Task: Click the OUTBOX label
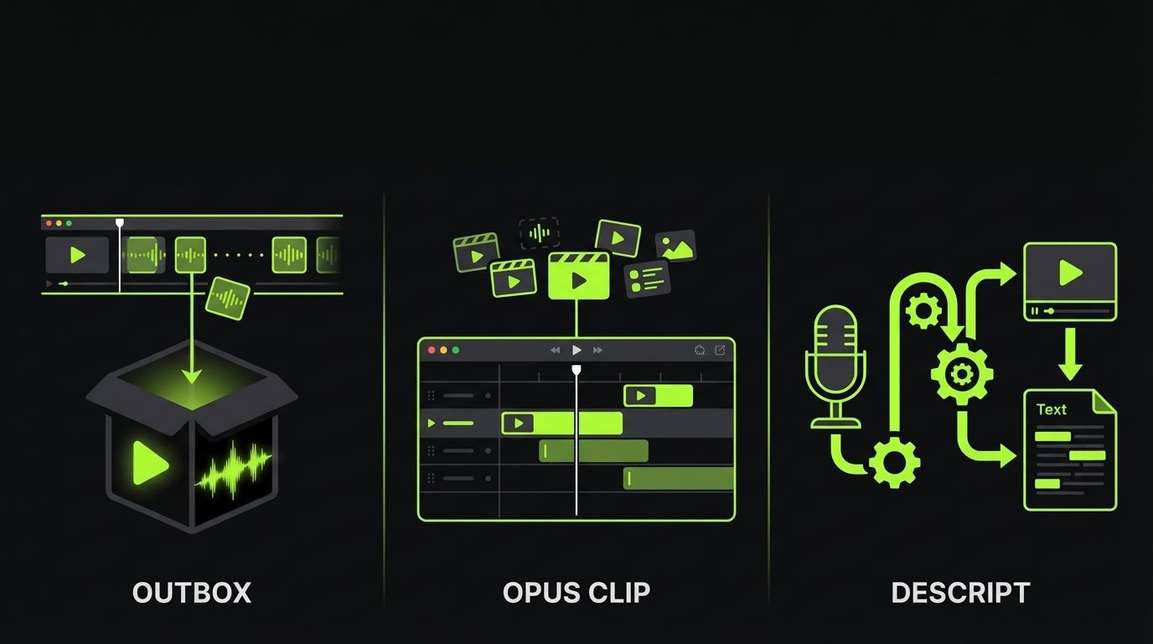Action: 192,593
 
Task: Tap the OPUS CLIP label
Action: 576,593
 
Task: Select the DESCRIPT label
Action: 959,593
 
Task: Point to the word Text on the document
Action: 1051,409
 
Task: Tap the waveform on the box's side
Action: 234,469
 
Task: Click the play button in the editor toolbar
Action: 576,350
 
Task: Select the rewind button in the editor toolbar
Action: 555,350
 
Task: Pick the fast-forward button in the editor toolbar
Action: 597,350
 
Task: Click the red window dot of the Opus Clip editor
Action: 432,350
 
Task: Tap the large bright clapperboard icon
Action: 578,277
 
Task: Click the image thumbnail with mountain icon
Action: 675,245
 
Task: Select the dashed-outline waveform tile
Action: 539,233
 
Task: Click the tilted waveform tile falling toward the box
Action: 228,298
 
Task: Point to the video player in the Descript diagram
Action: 1070,281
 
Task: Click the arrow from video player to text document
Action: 1070,354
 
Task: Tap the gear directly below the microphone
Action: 894,461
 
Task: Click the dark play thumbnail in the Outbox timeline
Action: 77,255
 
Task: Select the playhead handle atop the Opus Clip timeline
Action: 576,369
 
